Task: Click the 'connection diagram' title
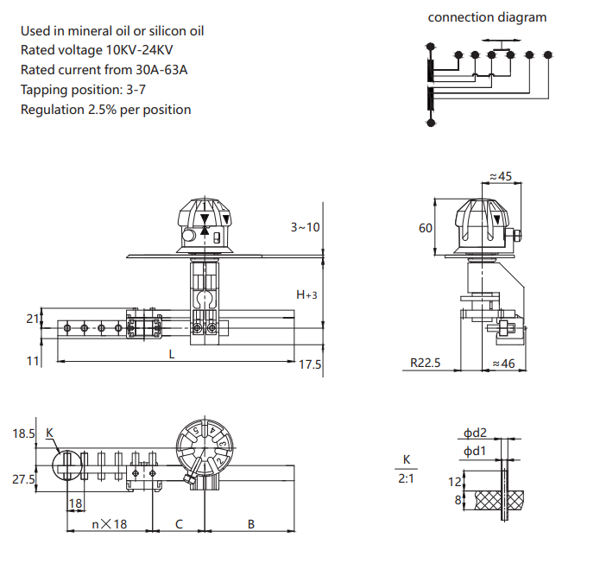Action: tap(487, 17)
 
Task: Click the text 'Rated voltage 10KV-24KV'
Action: tap(97, 50)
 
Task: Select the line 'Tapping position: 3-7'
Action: tap(83, 90)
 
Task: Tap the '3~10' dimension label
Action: tap(305, 227)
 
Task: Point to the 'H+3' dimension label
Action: tap(306, 294)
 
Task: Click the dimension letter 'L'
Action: tap(172, 354)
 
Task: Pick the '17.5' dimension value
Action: tap(310, 364)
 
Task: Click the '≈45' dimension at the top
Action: tap(501, 176)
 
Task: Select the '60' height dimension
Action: tap(425, 228)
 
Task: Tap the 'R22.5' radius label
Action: tap(425, 363)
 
